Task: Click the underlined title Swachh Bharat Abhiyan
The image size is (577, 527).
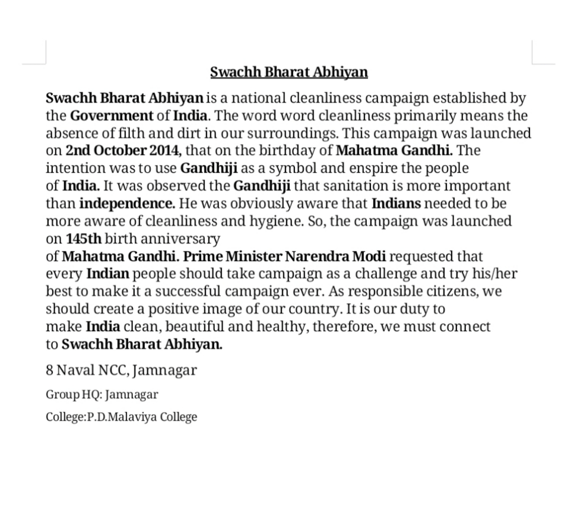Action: click(288, 72)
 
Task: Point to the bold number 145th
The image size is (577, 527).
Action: click(84, 239)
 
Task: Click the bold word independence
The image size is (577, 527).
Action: click(127, 204)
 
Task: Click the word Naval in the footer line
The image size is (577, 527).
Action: click(76, 371)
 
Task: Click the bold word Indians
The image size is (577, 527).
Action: click(396, 204)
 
